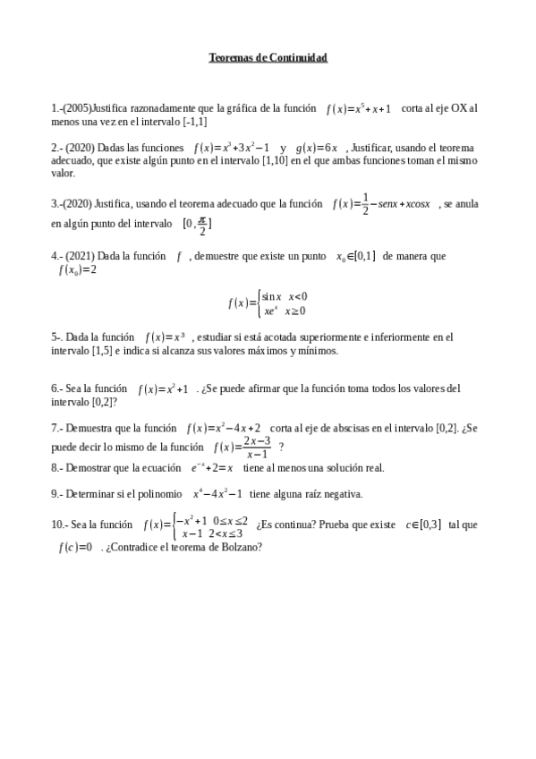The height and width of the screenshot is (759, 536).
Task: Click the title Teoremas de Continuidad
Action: coord(268,58)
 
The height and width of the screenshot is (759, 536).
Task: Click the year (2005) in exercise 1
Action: coord(77,108)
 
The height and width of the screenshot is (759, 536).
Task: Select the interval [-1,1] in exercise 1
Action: coord(195,122)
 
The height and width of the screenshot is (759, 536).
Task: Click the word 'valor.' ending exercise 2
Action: coord(64,174)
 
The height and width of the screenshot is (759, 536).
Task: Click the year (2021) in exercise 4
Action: coord(79,256)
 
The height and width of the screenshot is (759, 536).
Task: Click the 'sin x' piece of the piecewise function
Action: coord(272,296)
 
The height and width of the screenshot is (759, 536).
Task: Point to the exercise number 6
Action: coord(55,389)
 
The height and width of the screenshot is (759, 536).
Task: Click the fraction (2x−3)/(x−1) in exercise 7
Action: coord(257,447)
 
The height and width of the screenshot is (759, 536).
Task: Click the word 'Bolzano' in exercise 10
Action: coord(239,548)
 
